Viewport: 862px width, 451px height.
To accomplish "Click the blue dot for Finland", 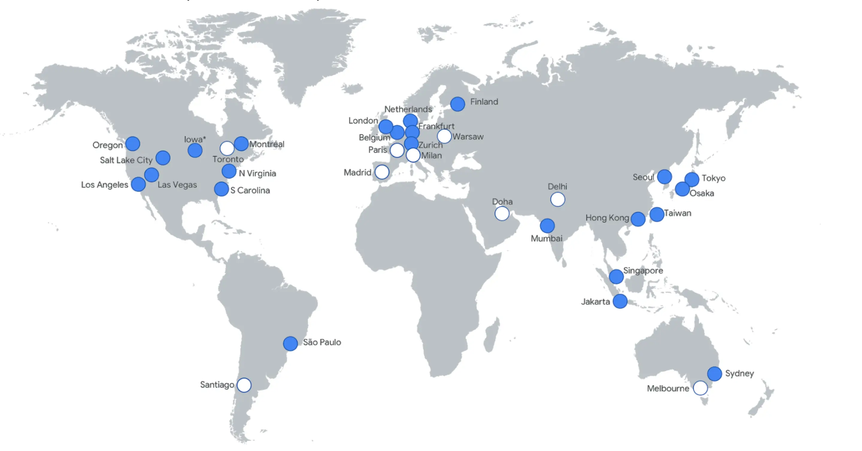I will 457,104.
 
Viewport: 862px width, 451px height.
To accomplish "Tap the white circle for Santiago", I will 244,385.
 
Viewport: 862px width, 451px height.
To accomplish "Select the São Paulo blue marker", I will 290,343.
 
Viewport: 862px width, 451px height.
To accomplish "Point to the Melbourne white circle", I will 700,388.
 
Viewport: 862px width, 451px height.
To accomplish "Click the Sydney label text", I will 739,373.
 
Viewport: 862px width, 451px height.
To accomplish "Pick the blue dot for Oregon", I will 133,144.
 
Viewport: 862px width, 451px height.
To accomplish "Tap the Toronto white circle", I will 227,148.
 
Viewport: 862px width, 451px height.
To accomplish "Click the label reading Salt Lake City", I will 126,160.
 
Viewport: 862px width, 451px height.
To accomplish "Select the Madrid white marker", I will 382,172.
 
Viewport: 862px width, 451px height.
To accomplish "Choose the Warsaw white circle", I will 444,136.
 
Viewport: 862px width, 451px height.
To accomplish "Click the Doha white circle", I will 502,213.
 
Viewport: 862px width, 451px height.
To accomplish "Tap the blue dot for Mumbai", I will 547,226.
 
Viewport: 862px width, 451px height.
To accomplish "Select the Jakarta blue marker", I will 620,301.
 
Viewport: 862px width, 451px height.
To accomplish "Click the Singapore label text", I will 643,270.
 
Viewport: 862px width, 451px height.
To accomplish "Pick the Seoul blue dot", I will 664,176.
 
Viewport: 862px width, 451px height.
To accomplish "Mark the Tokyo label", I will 714,178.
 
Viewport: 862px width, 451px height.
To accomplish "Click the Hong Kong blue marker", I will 638,219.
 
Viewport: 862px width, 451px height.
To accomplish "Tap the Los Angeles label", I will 104,185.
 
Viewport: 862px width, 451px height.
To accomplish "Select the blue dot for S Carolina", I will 221,189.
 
